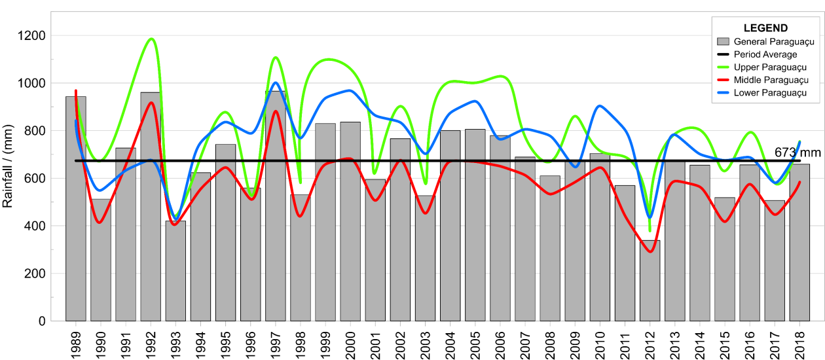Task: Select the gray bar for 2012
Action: pyautogui.click(x=650, y=281)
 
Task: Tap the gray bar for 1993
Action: pyautogui.click(x=175, y=275)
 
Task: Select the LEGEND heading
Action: pyautogui.click(x=765, y=28)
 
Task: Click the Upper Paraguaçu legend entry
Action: pyautogui.click(x=770, y=67)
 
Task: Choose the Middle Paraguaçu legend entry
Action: pyautogui.click(x=771, y=80)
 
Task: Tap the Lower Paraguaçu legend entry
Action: pyautogui.click(x=770, y=93)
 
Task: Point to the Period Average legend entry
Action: pyautogui.click(x=765, y=54)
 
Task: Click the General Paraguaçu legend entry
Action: pyautogui.click(x=773, y=42)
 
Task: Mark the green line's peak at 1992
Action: pyautogui.click(x=151, y=39)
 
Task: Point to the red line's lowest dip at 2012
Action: pyautogui.click(x=650, y=251)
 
